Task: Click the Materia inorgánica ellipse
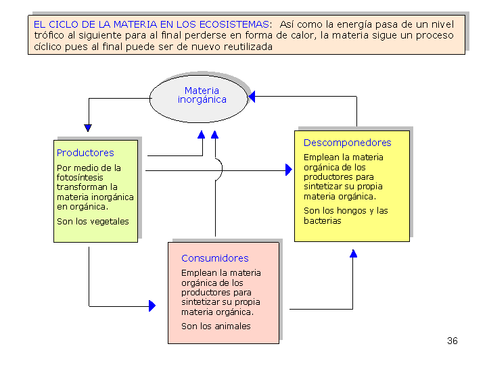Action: (202, 95)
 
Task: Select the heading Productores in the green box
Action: (85, 153)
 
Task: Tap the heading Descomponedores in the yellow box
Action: (347, 143)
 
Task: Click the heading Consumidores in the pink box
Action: (214, 258)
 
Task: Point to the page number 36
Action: (453, 341)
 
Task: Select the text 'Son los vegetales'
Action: (93, 221)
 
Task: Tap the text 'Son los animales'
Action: (216, 326)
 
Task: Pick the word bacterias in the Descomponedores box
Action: (322, 220)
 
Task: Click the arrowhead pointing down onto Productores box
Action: (88, 127)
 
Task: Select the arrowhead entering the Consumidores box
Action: (152, 306)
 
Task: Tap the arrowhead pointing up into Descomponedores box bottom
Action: (353, 253)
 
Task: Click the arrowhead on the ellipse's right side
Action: (252, 97)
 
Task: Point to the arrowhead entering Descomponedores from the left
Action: (288, 170)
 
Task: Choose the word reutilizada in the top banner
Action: (248, 47)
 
